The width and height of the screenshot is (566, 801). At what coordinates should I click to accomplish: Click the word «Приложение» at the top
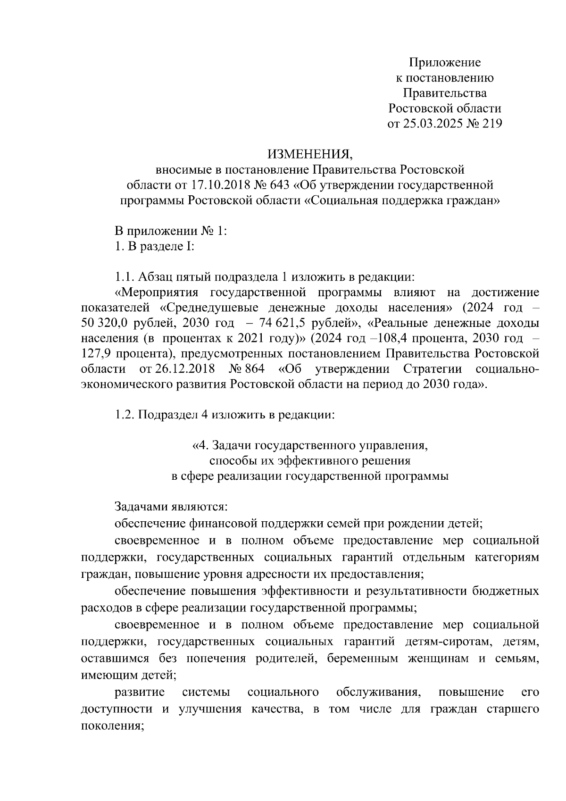445,62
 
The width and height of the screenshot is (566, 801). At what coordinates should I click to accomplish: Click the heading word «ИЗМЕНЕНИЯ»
309,154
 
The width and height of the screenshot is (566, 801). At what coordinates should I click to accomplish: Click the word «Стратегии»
434,369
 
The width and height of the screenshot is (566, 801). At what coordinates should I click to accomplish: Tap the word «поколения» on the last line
111,726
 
